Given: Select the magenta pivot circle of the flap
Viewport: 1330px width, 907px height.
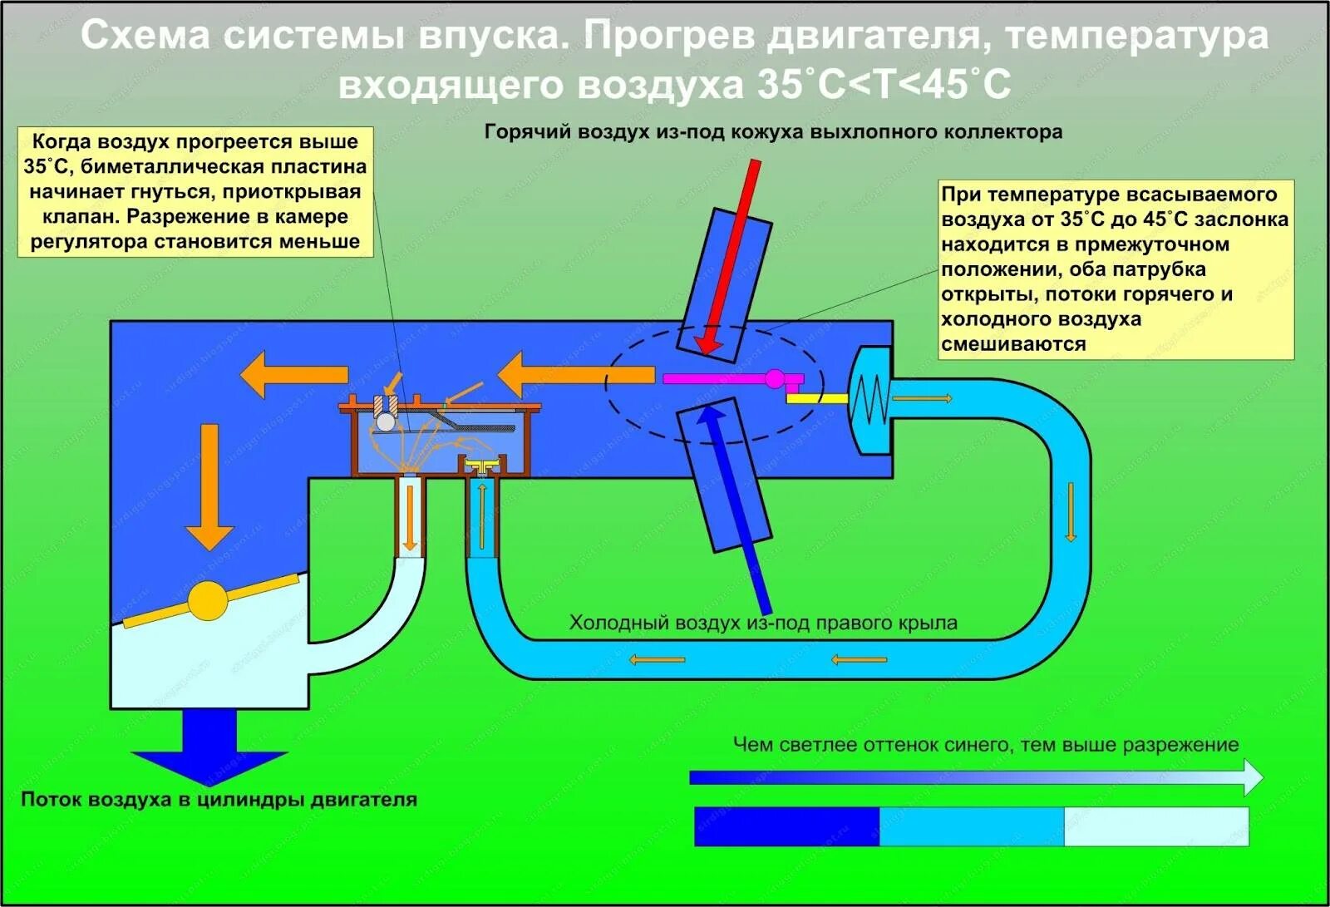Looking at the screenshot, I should click(x=775, y=379).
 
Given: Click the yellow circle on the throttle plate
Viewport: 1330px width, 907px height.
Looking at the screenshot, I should click(x=206, y=599).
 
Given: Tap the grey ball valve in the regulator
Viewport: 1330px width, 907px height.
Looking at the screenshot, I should click(x=386, y=422).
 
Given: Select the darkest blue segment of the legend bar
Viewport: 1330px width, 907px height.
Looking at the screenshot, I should click(x=786, y=826).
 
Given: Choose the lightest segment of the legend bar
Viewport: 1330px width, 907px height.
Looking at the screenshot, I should click(x=1155, y=826).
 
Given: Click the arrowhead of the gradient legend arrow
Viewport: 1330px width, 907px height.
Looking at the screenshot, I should click(x=1251, y=778).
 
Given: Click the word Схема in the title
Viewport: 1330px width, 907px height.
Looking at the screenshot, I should click(x=145, y=37).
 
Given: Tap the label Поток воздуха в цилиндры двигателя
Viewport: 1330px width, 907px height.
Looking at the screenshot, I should click(x=219, y=800).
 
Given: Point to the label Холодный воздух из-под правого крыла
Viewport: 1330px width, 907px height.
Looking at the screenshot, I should click(x=762, y=623).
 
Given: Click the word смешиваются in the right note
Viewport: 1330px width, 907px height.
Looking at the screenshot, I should click(x=1013, y=344).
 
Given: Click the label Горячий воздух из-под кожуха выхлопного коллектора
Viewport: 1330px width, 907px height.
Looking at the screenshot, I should click(x=773, y=132).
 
